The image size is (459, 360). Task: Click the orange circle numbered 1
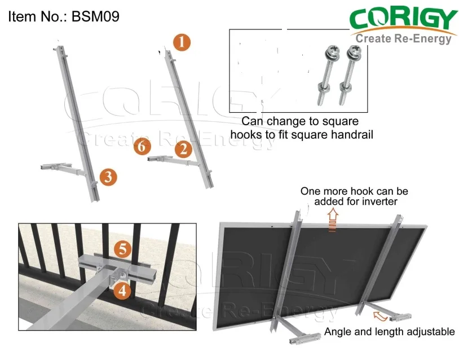pos(182,42)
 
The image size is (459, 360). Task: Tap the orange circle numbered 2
pos(182,150)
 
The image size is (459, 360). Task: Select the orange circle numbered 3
pos(108,177)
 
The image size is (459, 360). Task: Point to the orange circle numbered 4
pos(122,291)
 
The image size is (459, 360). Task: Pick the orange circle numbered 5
pos(122,248)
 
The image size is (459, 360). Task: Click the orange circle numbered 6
pos(143,148)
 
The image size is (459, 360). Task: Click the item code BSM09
pos(95,16)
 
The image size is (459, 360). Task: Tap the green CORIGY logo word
pos(403,20)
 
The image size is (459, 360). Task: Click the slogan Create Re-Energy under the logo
pos(404,38)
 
